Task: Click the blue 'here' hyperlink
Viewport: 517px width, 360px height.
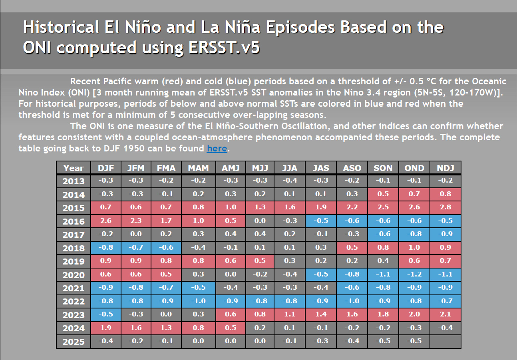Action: point(217,149)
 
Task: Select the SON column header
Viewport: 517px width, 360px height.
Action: point(383,168)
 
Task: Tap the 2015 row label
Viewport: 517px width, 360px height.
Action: point(74,208)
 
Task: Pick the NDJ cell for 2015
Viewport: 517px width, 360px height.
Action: point(446,207)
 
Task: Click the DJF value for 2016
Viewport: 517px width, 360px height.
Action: point(106,221)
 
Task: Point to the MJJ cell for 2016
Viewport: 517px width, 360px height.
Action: point(260,221)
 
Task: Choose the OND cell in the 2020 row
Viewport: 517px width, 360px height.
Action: point(414,274)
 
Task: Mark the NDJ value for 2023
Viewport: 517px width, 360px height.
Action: point(446,314)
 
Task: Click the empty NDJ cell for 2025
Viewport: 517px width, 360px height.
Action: point(446,341)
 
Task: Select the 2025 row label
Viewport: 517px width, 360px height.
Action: point(74,342)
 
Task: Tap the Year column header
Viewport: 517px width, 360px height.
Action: point(74,168)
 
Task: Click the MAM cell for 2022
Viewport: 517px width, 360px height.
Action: point(198,301)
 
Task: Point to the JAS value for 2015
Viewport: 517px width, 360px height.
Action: point(321,207)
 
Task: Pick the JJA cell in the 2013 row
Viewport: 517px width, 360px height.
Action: point(290,181)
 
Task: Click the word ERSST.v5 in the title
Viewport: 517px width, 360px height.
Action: point(223,47)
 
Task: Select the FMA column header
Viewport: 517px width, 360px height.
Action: point(166,168)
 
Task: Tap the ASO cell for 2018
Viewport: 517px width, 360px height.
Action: point(352,248)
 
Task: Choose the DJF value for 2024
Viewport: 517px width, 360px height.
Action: point(106,328)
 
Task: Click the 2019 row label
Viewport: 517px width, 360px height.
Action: point(74,261)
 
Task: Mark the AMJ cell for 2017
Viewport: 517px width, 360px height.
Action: point(231,234)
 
